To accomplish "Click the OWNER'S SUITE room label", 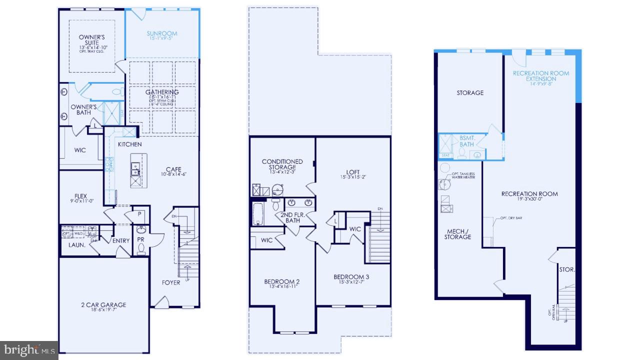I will click(x=91, y=40).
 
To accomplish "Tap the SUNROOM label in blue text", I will click(x=162, y=34).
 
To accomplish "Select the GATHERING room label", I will click(x=162, y=92).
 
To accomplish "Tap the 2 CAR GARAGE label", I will click(x=103, y=305).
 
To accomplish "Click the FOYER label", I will click(x=171, y=282).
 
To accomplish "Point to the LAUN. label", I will click(x=76, y=245).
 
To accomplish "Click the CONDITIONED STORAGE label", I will click(x=282, y=164).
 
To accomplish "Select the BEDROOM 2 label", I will click(x=281, y=282).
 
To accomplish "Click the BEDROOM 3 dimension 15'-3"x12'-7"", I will click(x=351, y=282).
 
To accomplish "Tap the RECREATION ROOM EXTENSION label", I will click(x=541, y=76).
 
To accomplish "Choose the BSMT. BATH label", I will click(x=466, y=141).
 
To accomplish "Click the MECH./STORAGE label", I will click(x=457, y=234).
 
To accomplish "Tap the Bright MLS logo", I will click(x=29, y=349).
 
